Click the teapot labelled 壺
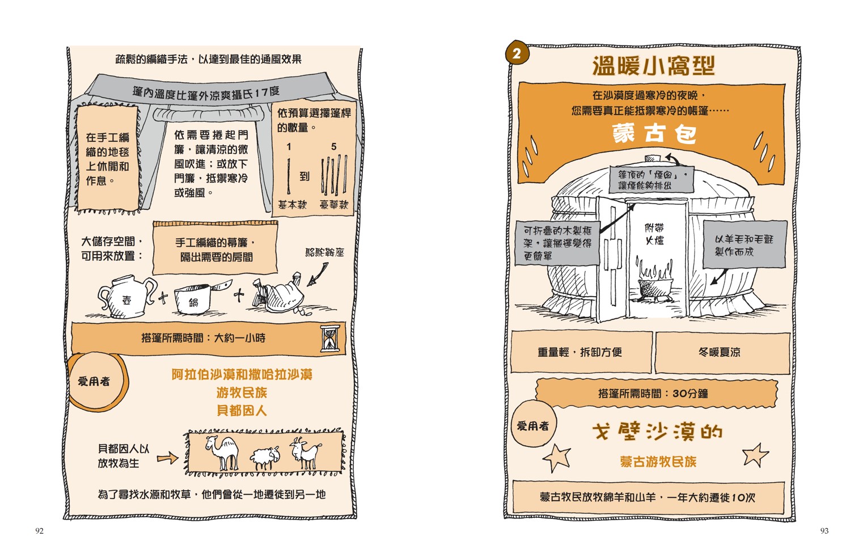(x=126, y=296)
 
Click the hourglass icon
(x=331, y=339)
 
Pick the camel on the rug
(x=223, y=451)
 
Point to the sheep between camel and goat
(x=265, y=458)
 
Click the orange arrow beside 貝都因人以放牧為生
(x=167, y=458)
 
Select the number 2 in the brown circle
(x=516, y=53)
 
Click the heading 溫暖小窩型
(x=653, y=66)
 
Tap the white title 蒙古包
(x=654, y=133)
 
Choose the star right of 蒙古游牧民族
(x=755, y=455)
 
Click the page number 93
(x=824, y=531)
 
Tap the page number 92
(x=39, y=531)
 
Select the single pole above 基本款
(x=288, y=176)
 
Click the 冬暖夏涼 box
(x=722, y=352)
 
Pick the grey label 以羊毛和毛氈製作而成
(x=744, y=244)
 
